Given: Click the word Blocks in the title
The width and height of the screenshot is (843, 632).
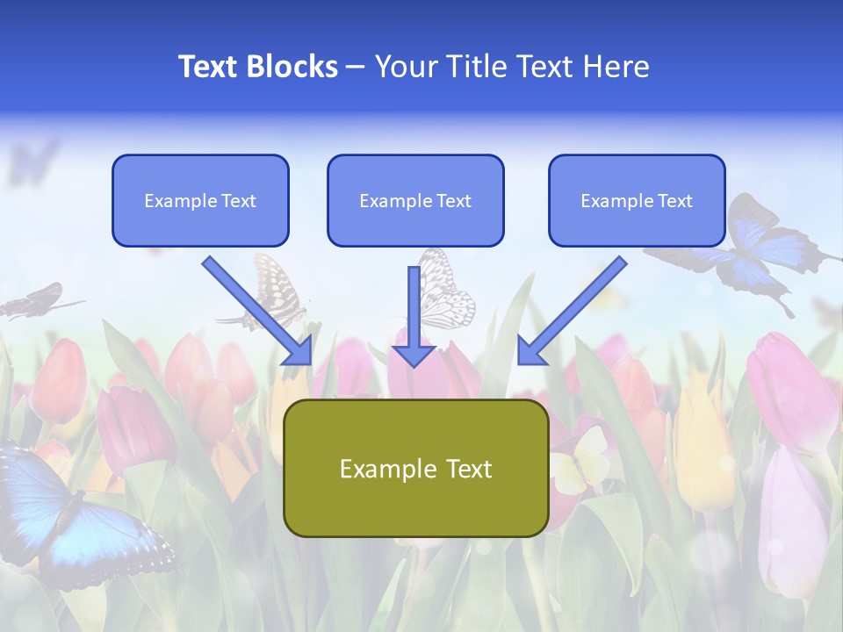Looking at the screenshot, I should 294,67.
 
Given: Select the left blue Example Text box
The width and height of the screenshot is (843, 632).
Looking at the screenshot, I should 200,201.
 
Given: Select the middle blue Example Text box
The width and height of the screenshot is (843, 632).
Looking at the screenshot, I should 415,201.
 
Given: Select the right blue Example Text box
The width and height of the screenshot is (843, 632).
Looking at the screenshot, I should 637,201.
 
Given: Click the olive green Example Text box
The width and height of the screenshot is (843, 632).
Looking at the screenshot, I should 415,469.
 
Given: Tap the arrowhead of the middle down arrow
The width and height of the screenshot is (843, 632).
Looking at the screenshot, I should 414,355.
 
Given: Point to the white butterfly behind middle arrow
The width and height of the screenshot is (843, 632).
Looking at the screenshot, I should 448,290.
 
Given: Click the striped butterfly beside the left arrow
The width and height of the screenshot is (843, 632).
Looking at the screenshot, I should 272,290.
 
